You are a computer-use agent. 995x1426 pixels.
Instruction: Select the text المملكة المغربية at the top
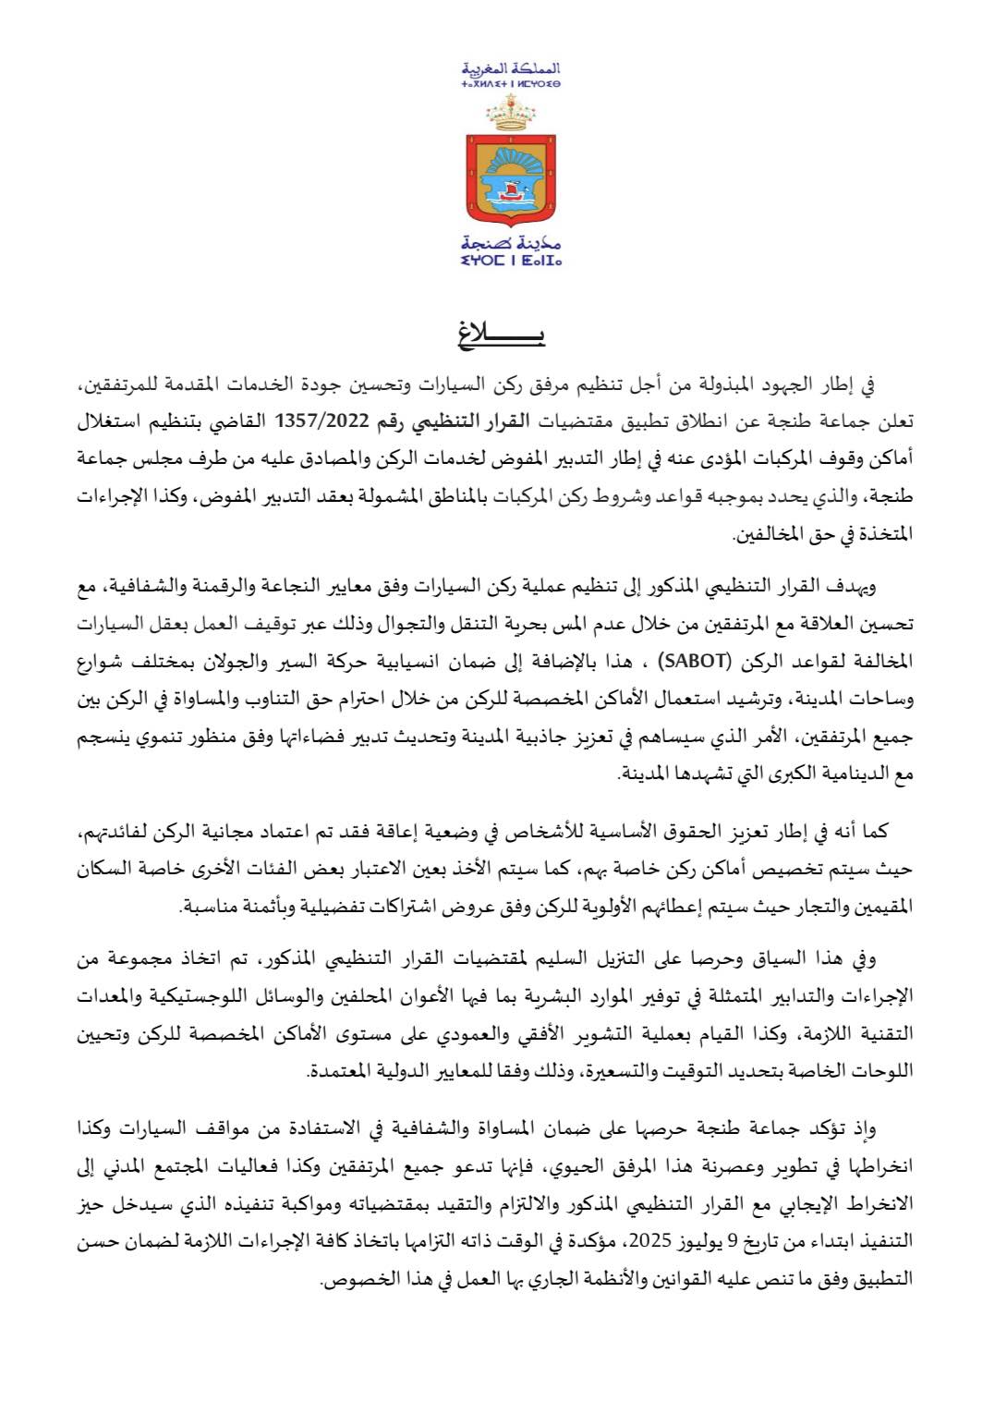click(x=512, y=68)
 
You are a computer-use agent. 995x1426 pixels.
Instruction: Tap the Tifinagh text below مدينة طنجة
click(x=511, y=262)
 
